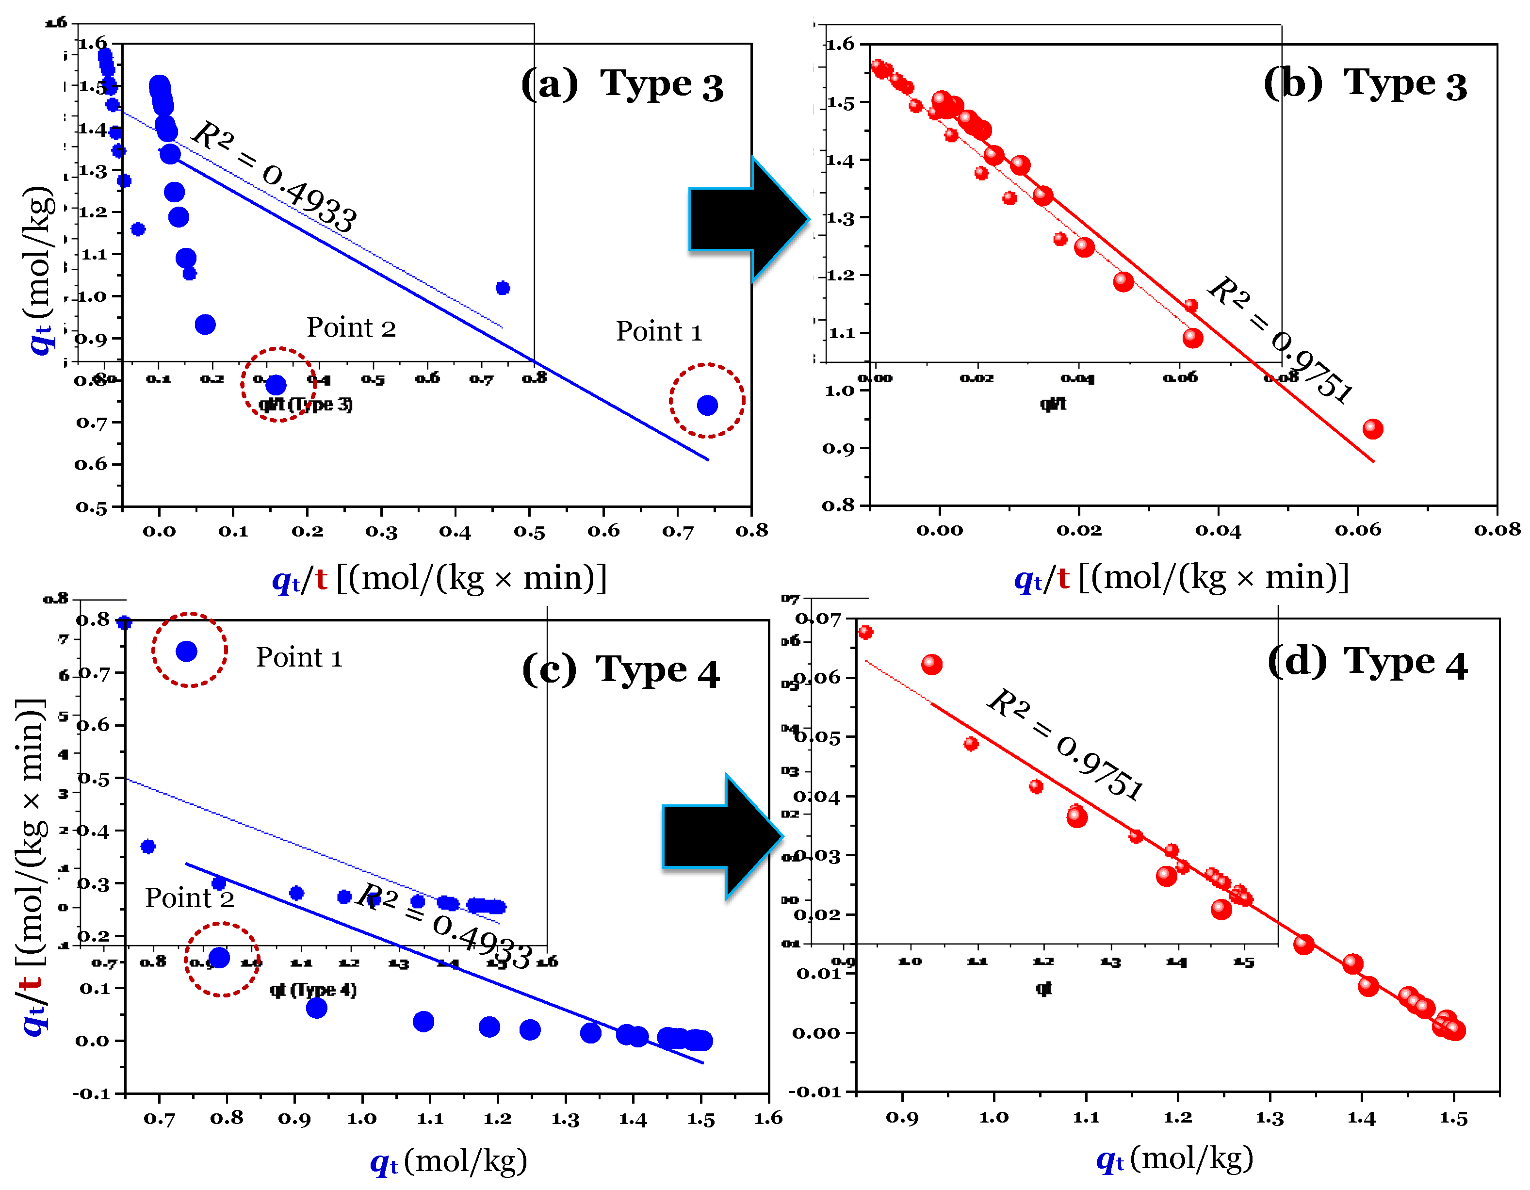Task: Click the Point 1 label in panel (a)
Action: tap(658, 331)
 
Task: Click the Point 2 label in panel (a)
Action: tap(351, 328)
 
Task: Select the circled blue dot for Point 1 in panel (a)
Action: tap(707, 405)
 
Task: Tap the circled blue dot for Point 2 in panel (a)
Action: tap(276, 385)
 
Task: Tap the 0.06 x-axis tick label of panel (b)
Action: tap(1358, 530)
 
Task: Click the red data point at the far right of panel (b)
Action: tap(1372, 429)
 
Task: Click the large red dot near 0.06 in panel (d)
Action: tap(931, 664)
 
